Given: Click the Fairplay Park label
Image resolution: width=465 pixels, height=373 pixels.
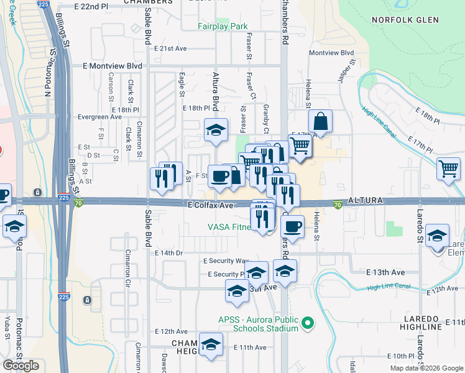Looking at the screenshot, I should tap(223, 27).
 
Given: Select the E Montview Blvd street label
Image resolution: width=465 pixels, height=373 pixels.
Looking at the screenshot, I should tap(113, 65).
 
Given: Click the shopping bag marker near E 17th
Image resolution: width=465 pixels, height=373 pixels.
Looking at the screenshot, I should tap(320, 121).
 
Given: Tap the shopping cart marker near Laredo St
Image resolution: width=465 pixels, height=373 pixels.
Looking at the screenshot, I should tap(448, 168).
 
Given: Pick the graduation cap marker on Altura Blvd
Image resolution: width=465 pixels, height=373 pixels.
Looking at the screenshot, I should tap(215, 130).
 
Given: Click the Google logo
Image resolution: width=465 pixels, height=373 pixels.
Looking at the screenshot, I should tap(21, 366).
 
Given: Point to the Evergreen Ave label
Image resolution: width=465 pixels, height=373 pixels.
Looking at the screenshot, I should tap(99, 116).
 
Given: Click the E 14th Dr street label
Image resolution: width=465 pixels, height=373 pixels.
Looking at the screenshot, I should tap(168, 253).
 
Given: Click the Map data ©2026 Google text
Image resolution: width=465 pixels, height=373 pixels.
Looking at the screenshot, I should tap(426, 368).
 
